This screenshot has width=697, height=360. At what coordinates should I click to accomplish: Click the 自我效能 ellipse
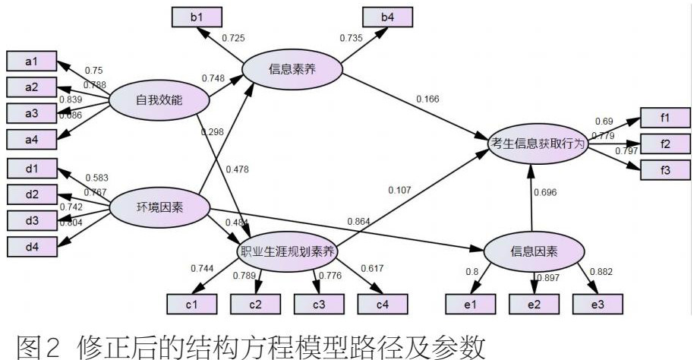point(159,101)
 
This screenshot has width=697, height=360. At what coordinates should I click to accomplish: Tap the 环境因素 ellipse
point(160,207)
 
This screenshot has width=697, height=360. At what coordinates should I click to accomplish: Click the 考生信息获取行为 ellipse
point(538,144)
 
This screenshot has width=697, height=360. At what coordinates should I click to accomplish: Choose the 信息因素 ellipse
point(534,252)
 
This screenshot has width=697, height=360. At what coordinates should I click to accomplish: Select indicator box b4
point(387,15)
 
